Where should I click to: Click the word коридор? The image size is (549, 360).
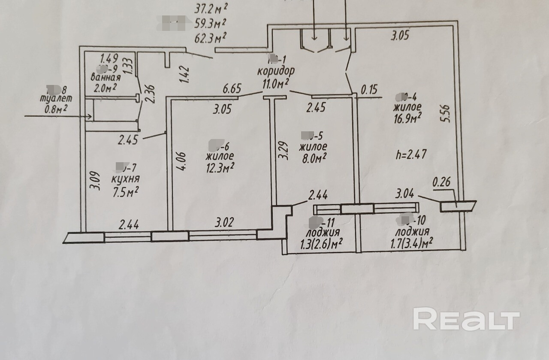[x=277, y=70]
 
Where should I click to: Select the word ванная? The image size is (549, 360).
[x=106, y=78]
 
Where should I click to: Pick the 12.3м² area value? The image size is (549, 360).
[x=220, y=166]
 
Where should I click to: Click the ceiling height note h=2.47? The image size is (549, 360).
[x=410, y=154]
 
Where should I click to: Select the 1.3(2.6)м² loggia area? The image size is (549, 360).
[x=320, y=244]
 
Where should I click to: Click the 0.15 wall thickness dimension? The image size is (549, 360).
[x=370, y=91]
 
